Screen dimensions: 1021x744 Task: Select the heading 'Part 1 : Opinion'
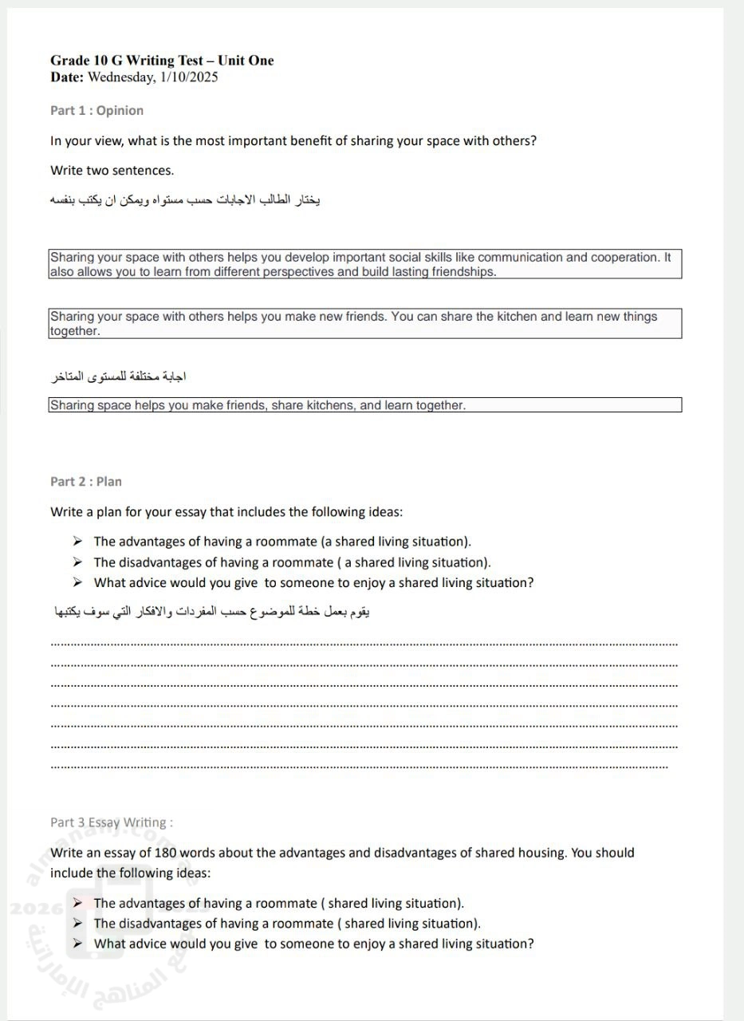click(96, 110)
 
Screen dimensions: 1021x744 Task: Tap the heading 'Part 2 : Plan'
click(86, 481)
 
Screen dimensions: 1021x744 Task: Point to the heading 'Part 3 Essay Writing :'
click(112, 822)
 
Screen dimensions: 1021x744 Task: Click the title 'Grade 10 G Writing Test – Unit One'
click(162, 61)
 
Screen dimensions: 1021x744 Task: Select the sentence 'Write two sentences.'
click(112, 170)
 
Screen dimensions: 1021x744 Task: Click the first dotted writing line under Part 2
click(364, 643)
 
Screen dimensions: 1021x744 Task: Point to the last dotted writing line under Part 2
click(359, 767)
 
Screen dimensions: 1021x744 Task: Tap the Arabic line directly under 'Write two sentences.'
click(185, 199)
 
